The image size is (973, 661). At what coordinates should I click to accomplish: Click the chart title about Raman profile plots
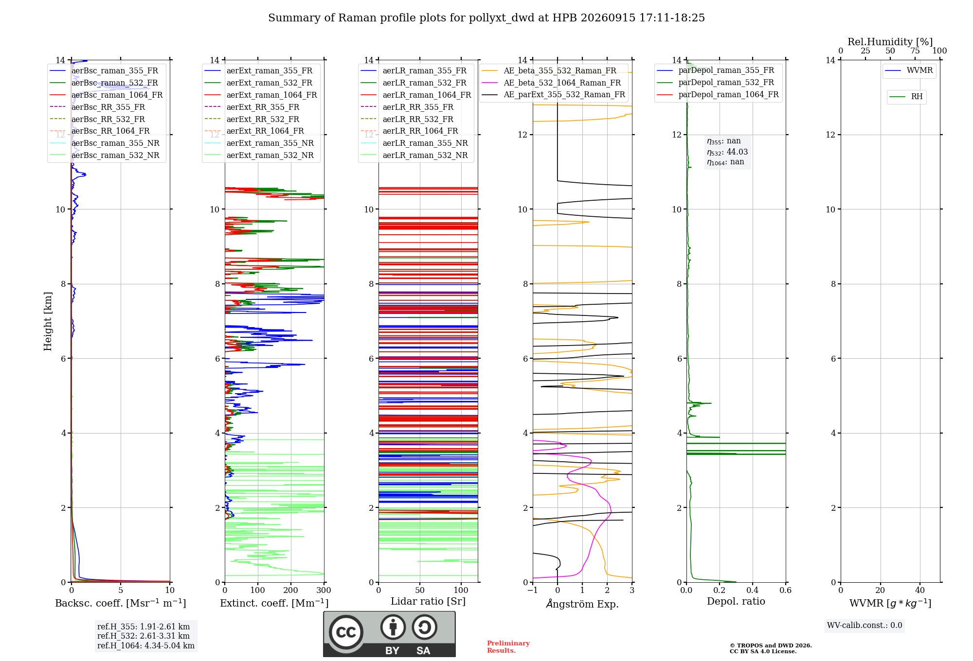pos(486,18)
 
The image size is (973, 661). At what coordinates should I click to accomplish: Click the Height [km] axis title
pos(48,321)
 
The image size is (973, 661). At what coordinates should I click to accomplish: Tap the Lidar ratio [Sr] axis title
pos(428,601)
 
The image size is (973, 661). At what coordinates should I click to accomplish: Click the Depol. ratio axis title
pos(736,601)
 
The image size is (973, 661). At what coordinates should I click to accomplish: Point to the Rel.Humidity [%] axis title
pos(890,42)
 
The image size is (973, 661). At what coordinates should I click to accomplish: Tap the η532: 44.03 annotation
pos(727,152)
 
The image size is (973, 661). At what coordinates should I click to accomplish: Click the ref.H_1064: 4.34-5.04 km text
pos(146,646)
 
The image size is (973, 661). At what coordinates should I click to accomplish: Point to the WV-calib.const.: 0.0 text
pos(865,626)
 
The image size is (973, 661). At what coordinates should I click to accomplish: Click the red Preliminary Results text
pos(508,647)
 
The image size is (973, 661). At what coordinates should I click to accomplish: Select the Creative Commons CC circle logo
pos(346,632)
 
